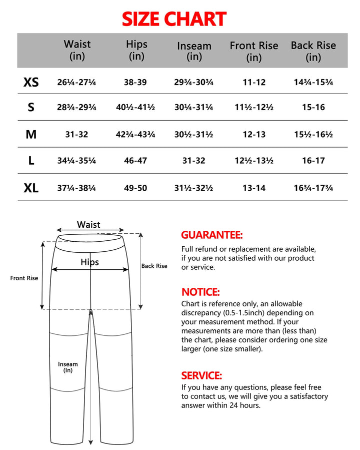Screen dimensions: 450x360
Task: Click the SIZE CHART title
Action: (x=174, y=19)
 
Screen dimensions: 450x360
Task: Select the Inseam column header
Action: (x=194, y=51)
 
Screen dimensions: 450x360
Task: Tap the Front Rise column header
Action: (x=253, y=51)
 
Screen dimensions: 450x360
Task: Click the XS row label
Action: (x=31, y=82)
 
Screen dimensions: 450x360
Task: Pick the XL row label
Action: (x=31, y=188)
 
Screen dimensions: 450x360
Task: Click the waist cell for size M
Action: (x=77, y=135)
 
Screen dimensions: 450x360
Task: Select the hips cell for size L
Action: (x=135, y=161)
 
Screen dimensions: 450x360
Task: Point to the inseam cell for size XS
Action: (x=194, y=82)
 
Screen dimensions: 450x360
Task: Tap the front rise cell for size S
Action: (x=254, y=108)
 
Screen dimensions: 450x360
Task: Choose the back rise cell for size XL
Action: (x=313, y=188)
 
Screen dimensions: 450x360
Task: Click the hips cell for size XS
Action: (x=135, y=82)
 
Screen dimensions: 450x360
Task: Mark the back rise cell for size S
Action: (x=313, y=108)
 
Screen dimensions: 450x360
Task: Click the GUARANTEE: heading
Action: (x=211, y=235)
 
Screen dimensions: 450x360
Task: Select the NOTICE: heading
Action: (x=200, y=292)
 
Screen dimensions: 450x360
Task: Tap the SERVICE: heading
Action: (x=201, y=375)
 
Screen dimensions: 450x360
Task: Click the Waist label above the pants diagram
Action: (x=88, y=225)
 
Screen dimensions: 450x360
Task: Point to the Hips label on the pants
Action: (x=90, y=262)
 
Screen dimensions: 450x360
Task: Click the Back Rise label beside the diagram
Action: (x=154, y=266)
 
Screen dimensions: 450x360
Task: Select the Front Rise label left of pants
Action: (x=24, y=278)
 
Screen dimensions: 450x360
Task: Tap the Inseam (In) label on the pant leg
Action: (x=68, y=367)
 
